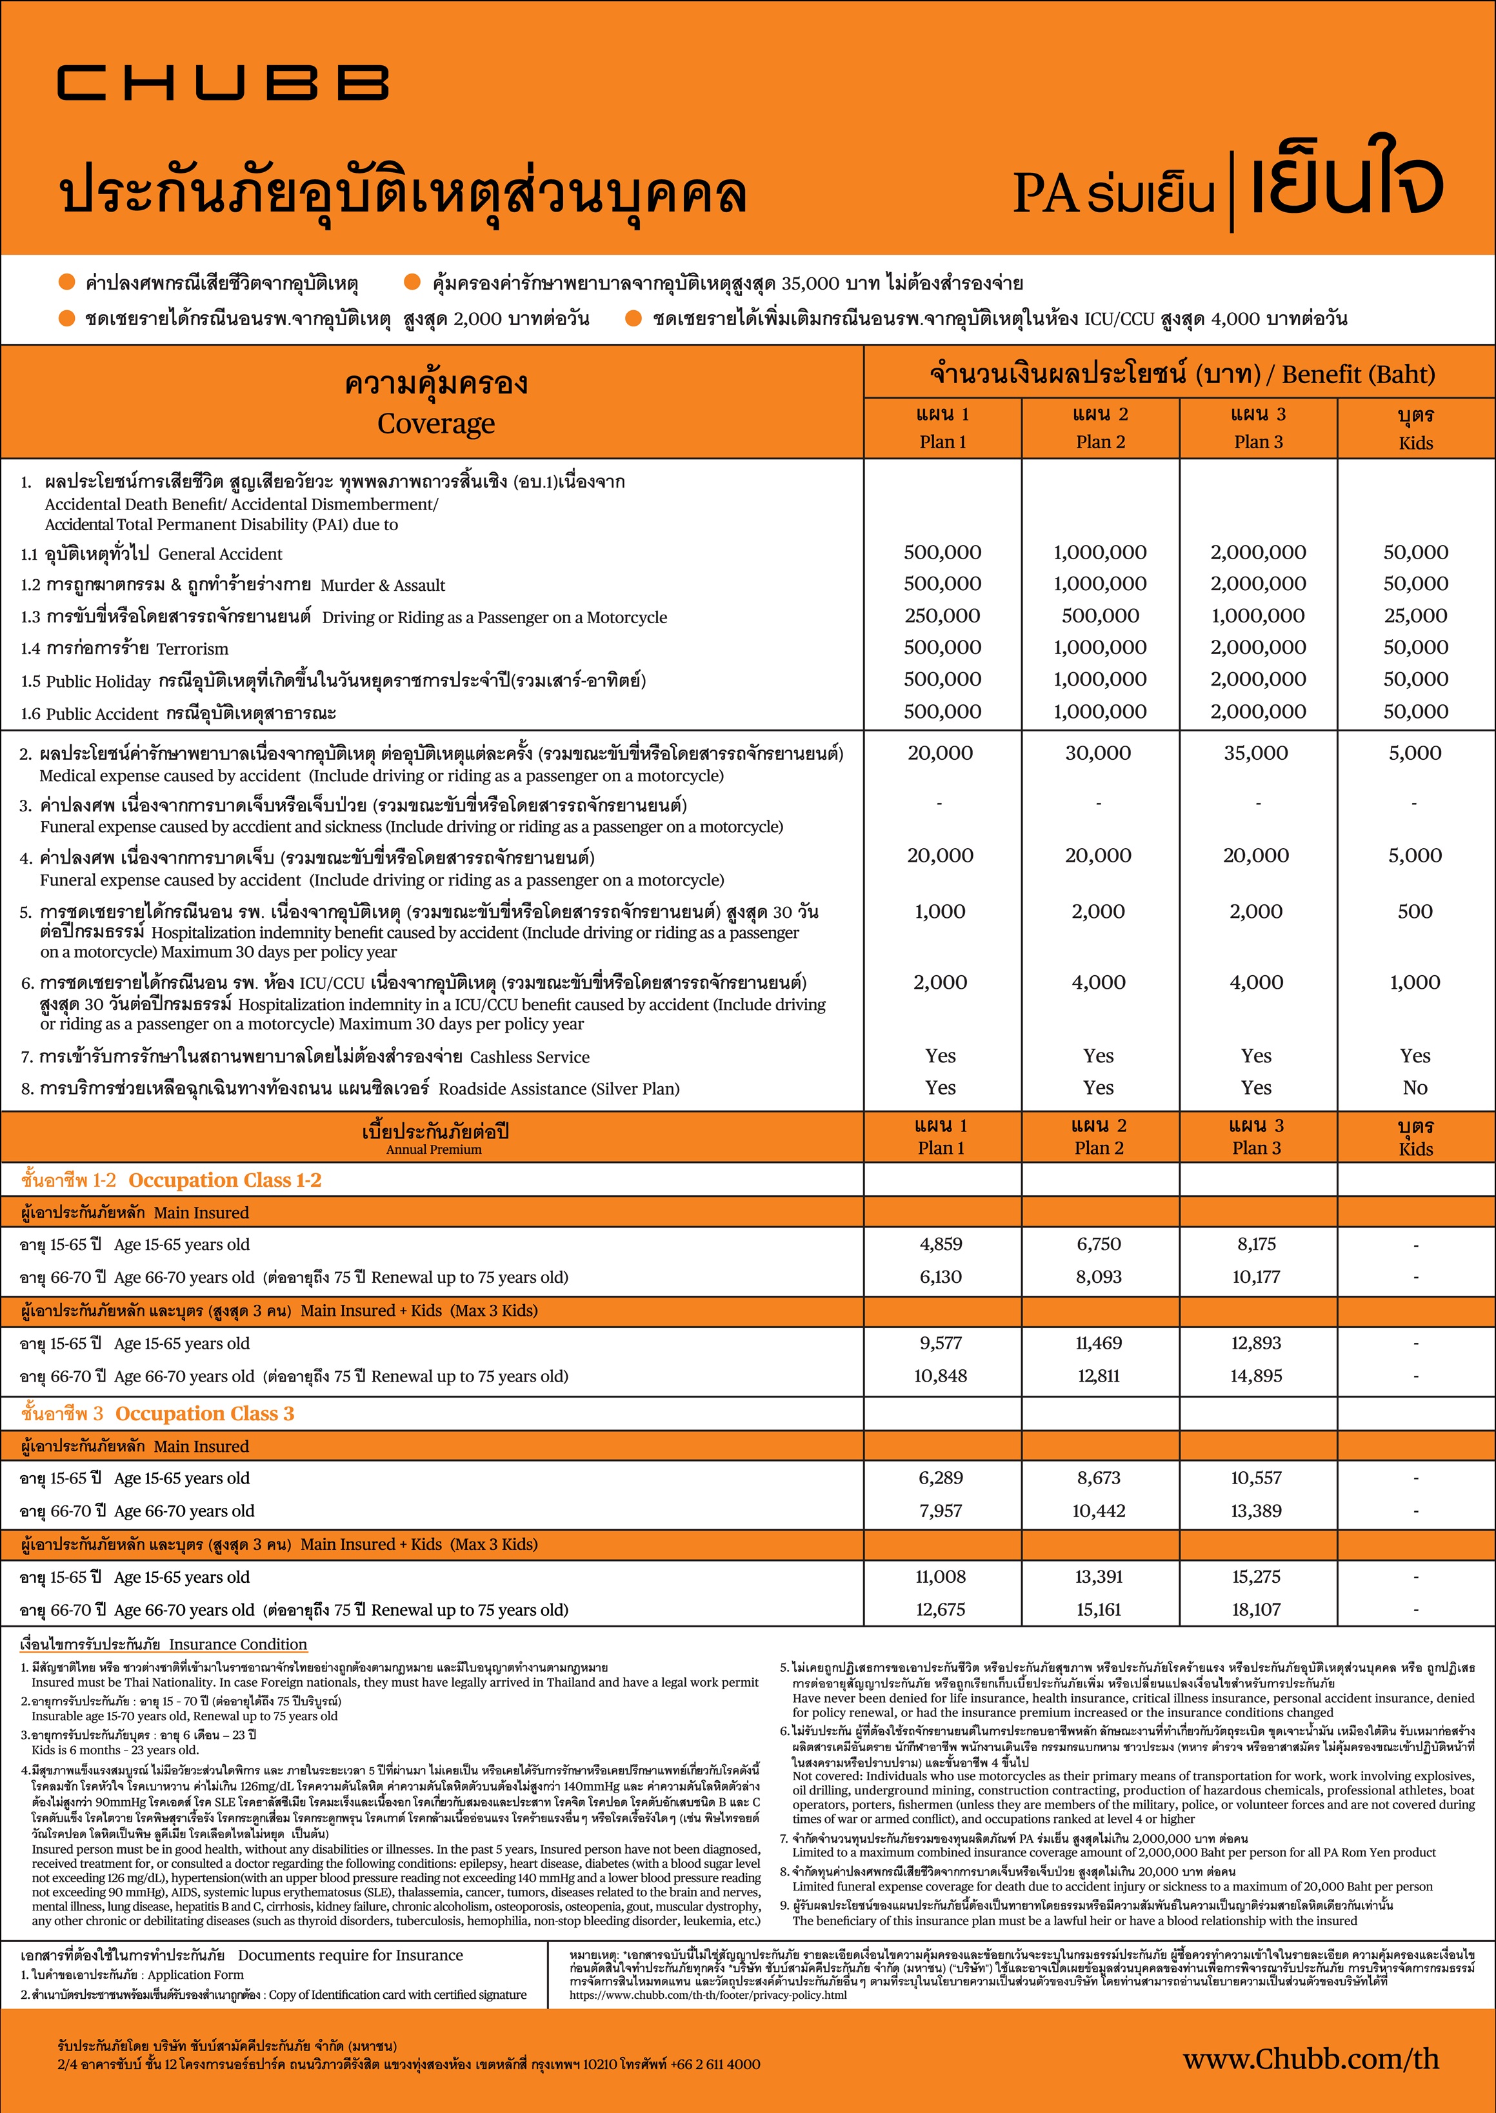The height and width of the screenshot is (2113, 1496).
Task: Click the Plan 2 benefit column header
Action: tap(1100, 428)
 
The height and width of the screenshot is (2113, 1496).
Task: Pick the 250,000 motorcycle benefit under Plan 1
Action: tap(941, 616)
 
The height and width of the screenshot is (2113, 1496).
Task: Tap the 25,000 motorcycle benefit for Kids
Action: tap(1415, 616)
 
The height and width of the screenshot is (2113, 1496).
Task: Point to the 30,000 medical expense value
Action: tap(1098, 753)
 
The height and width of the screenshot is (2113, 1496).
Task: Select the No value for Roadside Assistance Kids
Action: tap(1415, 1088)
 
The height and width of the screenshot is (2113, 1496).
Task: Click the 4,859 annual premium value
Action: tap(941, 1244)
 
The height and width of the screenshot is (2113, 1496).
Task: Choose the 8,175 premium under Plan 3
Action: tap(1257, 1244)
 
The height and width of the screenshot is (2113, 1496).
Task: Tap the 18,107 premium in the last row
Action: tap(1257, 1609)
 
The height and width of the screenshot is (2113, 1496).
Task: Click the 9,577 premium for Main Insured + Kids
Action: tap(941, 1343)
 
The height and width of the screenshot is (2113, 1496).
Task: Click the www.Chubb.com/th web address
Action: tap(1311, 2059)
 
